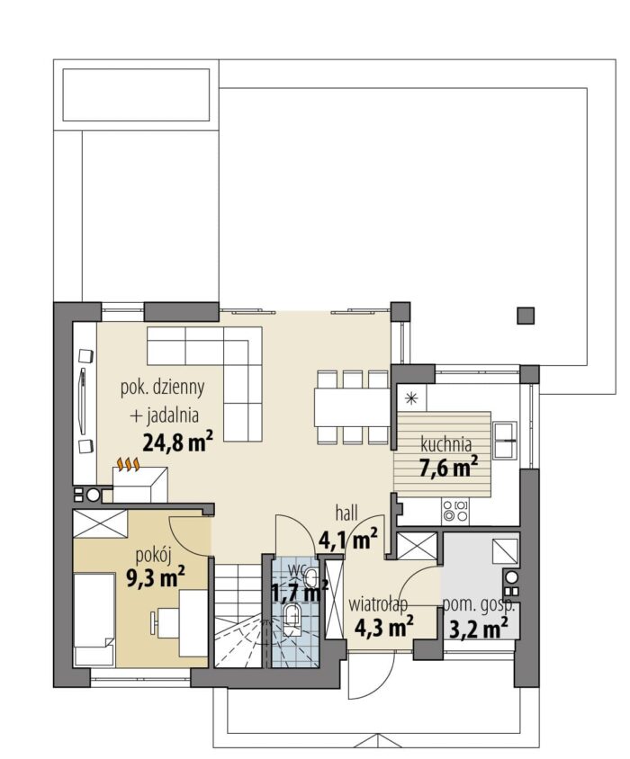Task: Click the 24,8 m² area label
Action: pyautogui.click(x=178, y=441)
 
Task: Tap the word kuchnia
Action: pyautogui.click(x=445, y=443)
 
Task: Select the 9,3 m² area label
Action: pyautogui.click(x=155, y=577)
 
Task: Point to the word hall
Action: pyautogui.click(x=346, y=513)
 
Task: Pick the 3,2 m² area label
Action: pyautogui.click(x=479, y=630)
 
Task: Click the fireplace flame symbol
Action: pyautogui.click(x=129, y=464)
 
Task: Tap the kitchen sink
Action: pyautogui.click(x=505, y=440)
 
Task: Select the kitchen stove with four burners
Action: pyautogui.click(x=455, y=510)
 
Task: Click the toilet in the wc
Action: pyautogui.click(x=292, y=619)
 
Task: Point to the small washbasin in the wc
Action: pyautogui.click(x=310, y=578)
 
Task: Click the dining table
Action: pyautogui.click(x=352, y=407)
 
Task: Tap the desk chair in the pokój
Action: pyautogui.click(x=155, y=622)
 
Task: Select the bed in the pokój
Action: pyautogui.click(x=94, y=621)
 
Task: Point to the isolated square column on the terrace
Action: pyautogui.click(x=526, y=316)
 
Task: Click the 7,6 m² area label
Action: pyautogui.click(x=449, y=467)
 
